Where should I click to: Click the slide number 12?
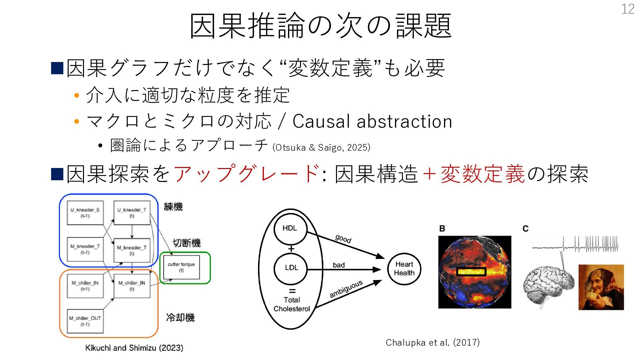point(628,9)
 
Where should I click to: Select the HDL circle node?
point(290,228)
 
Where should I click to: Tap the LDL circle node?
point(291,268)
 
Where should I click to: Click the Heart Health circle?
point(404,269)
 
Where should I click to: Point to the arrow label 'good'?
point(343,239)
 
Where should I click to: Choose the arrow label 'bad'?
point(339,265)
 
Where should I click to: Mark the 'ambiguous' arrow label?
point(346,289)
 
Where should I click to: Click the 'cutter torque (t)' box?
point(181,267)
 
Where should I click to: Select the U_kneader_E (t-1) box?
point(85,213)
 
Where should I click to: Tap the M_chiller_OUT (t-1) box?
point(85,321)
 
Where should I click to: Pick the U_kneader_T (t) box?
point(132,213)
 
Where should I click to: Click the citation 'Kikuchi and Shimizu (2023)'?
point(134,348)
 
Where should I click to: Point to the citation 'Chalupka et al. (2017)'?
point(432,342)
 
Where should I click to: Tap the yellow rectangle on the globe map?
point(471,272)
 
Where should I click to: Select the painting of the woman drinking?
point(601,287)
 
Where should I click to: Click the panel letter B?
point(442,229)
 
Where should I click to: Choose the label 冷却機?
point(180,317)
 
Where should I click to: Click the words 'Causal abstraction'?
point(372,121)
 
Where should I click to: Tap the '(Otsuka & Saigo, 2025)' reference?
point(321,147)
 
